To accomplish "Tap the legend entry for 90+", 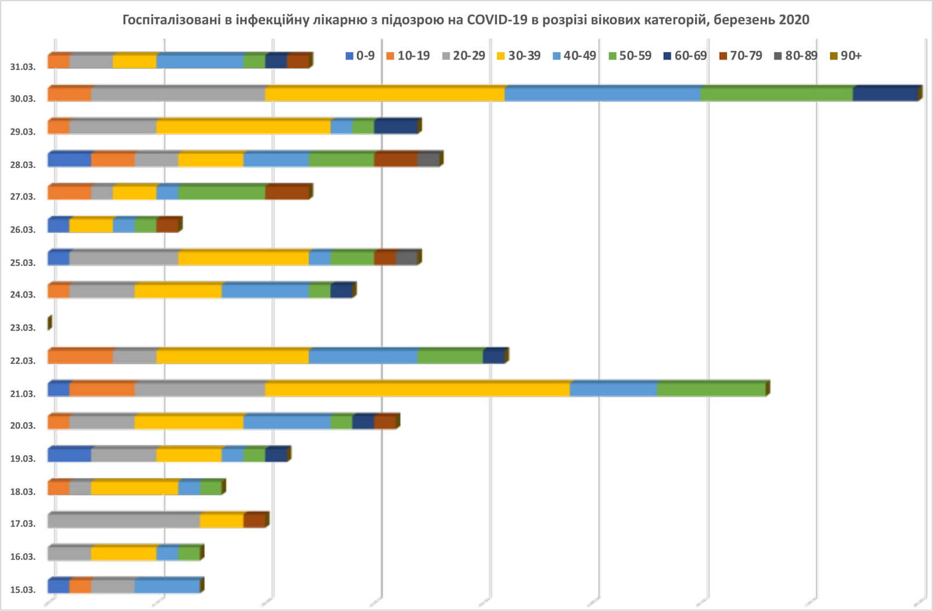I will [x=846, y=55].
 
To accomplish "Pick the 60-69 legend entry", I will [x=685, y=55].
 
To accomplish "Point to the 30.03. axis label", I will [x=23, y=99].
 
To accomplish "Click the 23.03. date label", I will [x=23, y=327].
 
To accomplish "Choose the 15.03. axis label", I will [x=23, y=589].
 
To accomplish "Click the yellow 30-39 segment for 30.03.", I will [x=385, y=94].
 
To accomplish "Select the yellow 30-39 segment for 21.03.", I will [x=417, y=389].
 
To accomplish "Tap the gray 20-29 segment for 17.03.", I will [x=124, y=521].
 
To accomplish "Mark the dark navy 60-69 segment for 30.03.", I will [x=885, y=94].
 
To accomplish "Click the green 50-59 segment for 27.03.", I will [x=222, y=192].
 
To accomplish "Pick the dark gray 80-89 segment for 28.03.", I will [x=429, y=159].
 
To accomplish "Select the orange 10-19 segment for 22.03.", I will [x=80, y=356].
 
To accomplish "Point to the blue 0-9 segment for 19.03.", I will [x=69, y=455].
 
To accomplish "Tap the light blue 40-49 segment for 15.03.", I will [x=167, y=586].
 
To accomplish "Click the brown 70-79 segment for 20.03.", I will [x=385, y=422].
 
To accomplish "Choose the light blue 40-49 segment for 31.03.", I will [x=200, y=61].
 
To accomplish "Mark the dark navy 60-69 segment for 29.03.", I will [x=396, y=127].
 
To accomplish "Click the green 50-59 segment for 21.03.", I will [x=711, y=389].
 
